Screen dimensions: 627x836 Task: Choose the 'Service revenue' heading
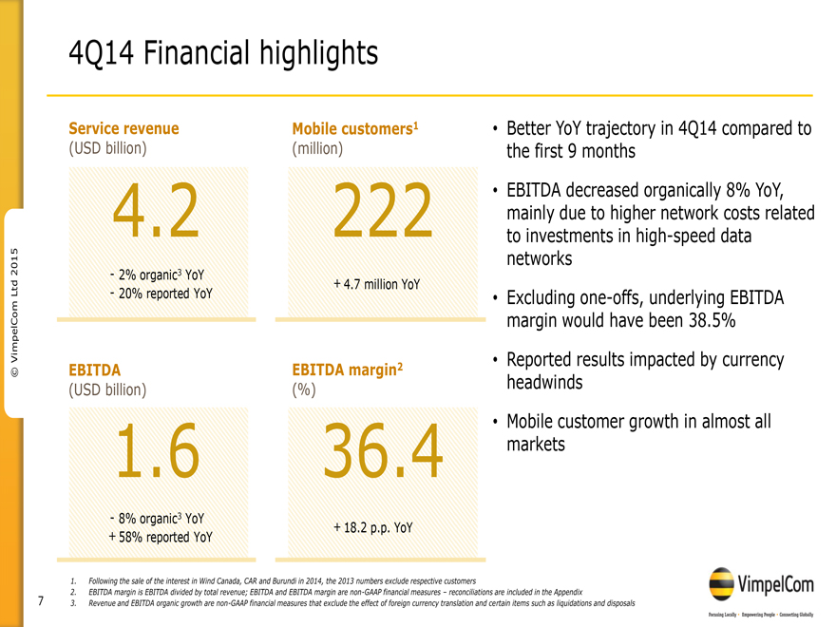(123, 128)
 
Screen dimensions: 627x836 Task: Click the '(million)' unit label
(318, 148)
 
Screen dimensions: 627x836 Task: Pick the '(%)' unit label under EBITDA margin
(304, 389)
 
